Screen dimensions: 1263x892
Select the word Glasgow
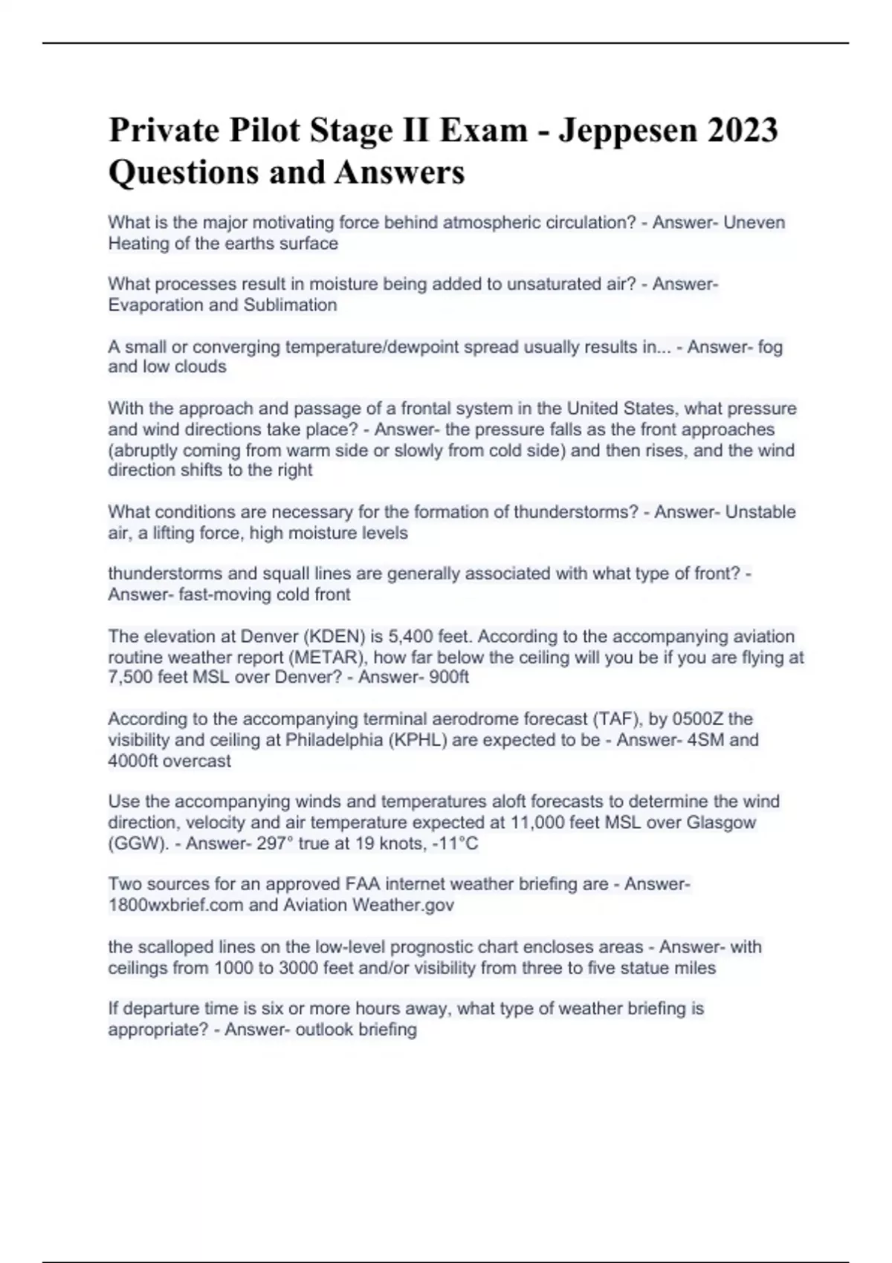pyautogui.click(x=722, y=822)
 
